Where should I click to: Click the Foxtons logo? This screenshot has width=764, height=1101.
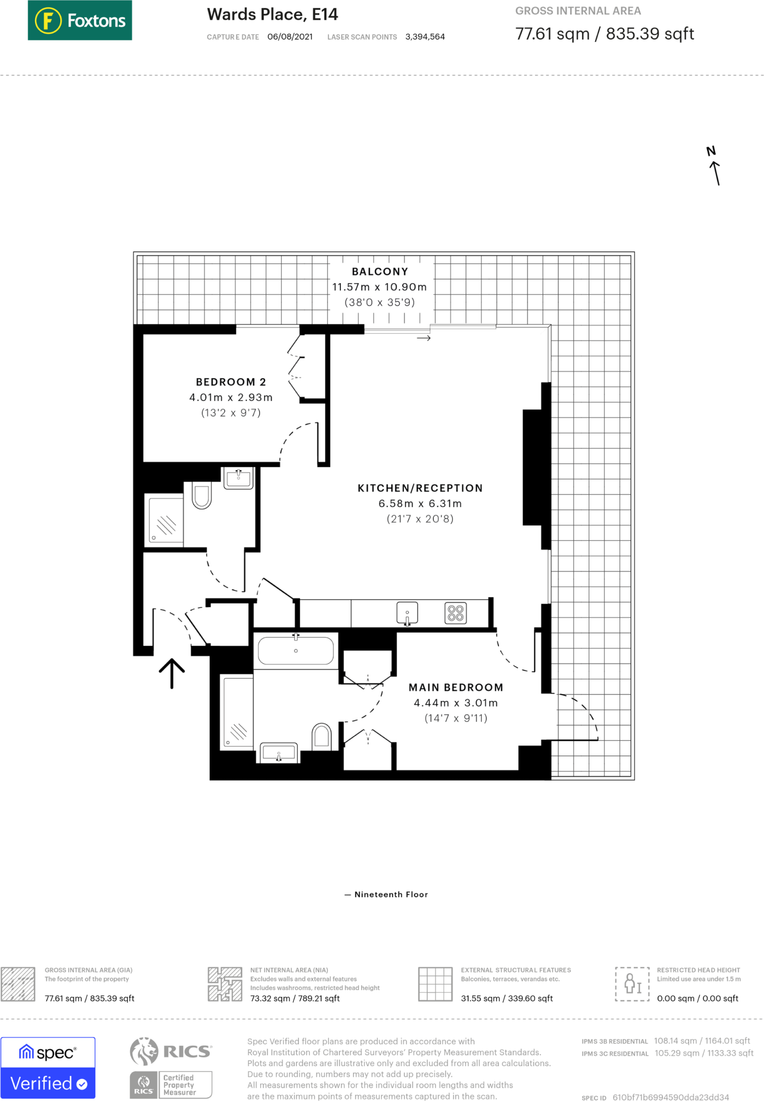point(80,20)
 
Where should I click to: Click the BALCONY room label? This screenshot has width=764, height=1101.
point(380,271)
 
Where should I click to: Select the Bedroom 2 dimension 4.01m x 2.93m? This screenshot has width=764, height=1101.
point(231,397)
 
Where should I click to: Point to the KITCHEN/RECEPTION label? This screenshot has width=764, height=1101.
point(420,488)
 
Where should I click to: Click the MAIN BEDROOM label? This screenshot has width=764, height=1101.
point(456,687)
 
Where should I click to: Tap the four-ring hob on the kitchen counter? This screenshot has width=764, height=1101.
point(455,613)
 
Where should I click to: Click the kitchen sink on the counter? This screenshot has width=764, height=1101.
point(407,613)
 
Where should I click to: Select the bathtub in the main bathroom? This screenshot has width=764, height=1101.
point(296,651)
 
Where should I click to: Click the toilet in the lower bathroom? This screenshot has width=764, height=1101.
point(322,735)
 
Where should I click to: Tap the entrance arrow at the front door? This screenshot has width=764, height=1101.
point(172,673)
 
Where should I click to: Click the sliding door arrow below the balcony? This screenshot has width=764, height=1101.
point(424,338)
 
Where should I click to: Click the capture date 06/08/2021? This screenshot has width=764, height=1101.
point(290,37)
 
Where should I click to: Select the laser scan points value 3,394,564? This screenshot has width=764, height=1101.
point(425,37)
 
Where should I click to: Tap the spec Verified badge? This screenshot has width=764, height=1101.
point(48,1068)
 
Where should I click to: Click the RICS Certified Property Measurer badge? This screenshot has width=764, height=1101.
point(171,1068)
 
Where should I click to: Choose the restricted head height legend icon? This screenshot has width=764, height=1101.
point(632,984)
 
